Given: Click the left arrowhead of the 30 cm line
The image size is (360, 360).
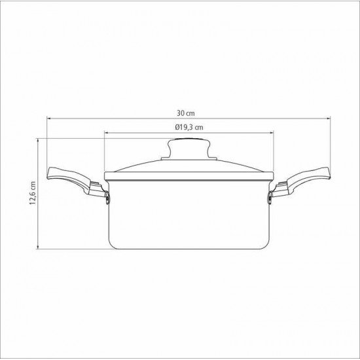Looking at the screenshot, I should (x=48, y=118).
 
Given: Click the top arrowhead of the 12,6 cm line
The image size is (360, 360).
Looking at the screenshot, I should (x=39, y=140).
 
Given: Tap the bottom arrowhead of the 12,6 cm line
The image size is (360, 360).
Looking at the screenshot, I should (x=39, y=249).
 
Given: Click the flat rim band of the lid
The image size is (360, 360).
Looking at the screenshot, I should (x=188, y=175).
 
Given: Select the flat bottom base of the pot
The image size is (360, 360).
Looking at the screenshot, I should (x=188, y=248).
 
